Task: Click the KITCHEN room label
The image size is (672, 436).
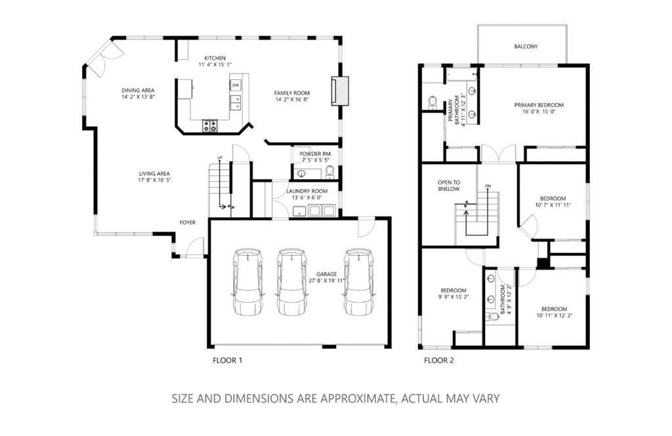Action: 215,58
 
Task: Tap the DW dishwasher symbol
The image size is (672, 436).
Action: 236,86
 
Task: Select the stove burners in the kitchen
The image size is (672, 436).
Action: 209,126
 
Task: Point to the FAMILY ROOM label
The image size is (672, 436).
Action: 292,93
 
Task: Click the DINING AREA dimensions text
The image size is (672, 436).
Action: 138,97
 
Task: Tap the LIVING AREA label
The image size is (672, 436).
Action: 154,174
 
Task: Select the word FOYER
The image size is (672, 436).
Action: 187,222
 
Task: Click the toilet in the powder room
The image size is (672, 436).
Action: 329,172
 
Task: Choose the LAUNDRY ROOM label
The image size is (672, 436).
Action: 307,191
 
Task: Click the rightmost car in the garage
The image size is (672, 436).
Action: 359,281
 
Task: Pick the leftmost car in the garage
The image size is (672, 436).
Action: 247,281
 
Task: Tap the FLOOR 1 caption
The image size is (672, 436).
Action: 227,360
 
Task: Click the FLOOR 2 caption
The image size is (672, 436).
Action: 438,360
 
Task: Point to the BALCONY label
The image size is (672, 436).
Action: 526,47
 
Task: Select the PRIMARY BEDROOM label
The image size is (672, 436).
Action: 539,105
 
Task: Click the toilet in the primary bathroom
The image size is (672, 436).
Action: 432,102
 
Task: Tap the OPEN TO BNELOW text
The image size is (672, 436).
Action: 449,186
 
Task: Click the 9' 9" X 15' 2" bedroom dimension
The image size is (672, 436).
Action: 453,296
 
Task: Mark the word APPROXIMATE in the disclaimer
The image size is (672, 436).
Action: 357,399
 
